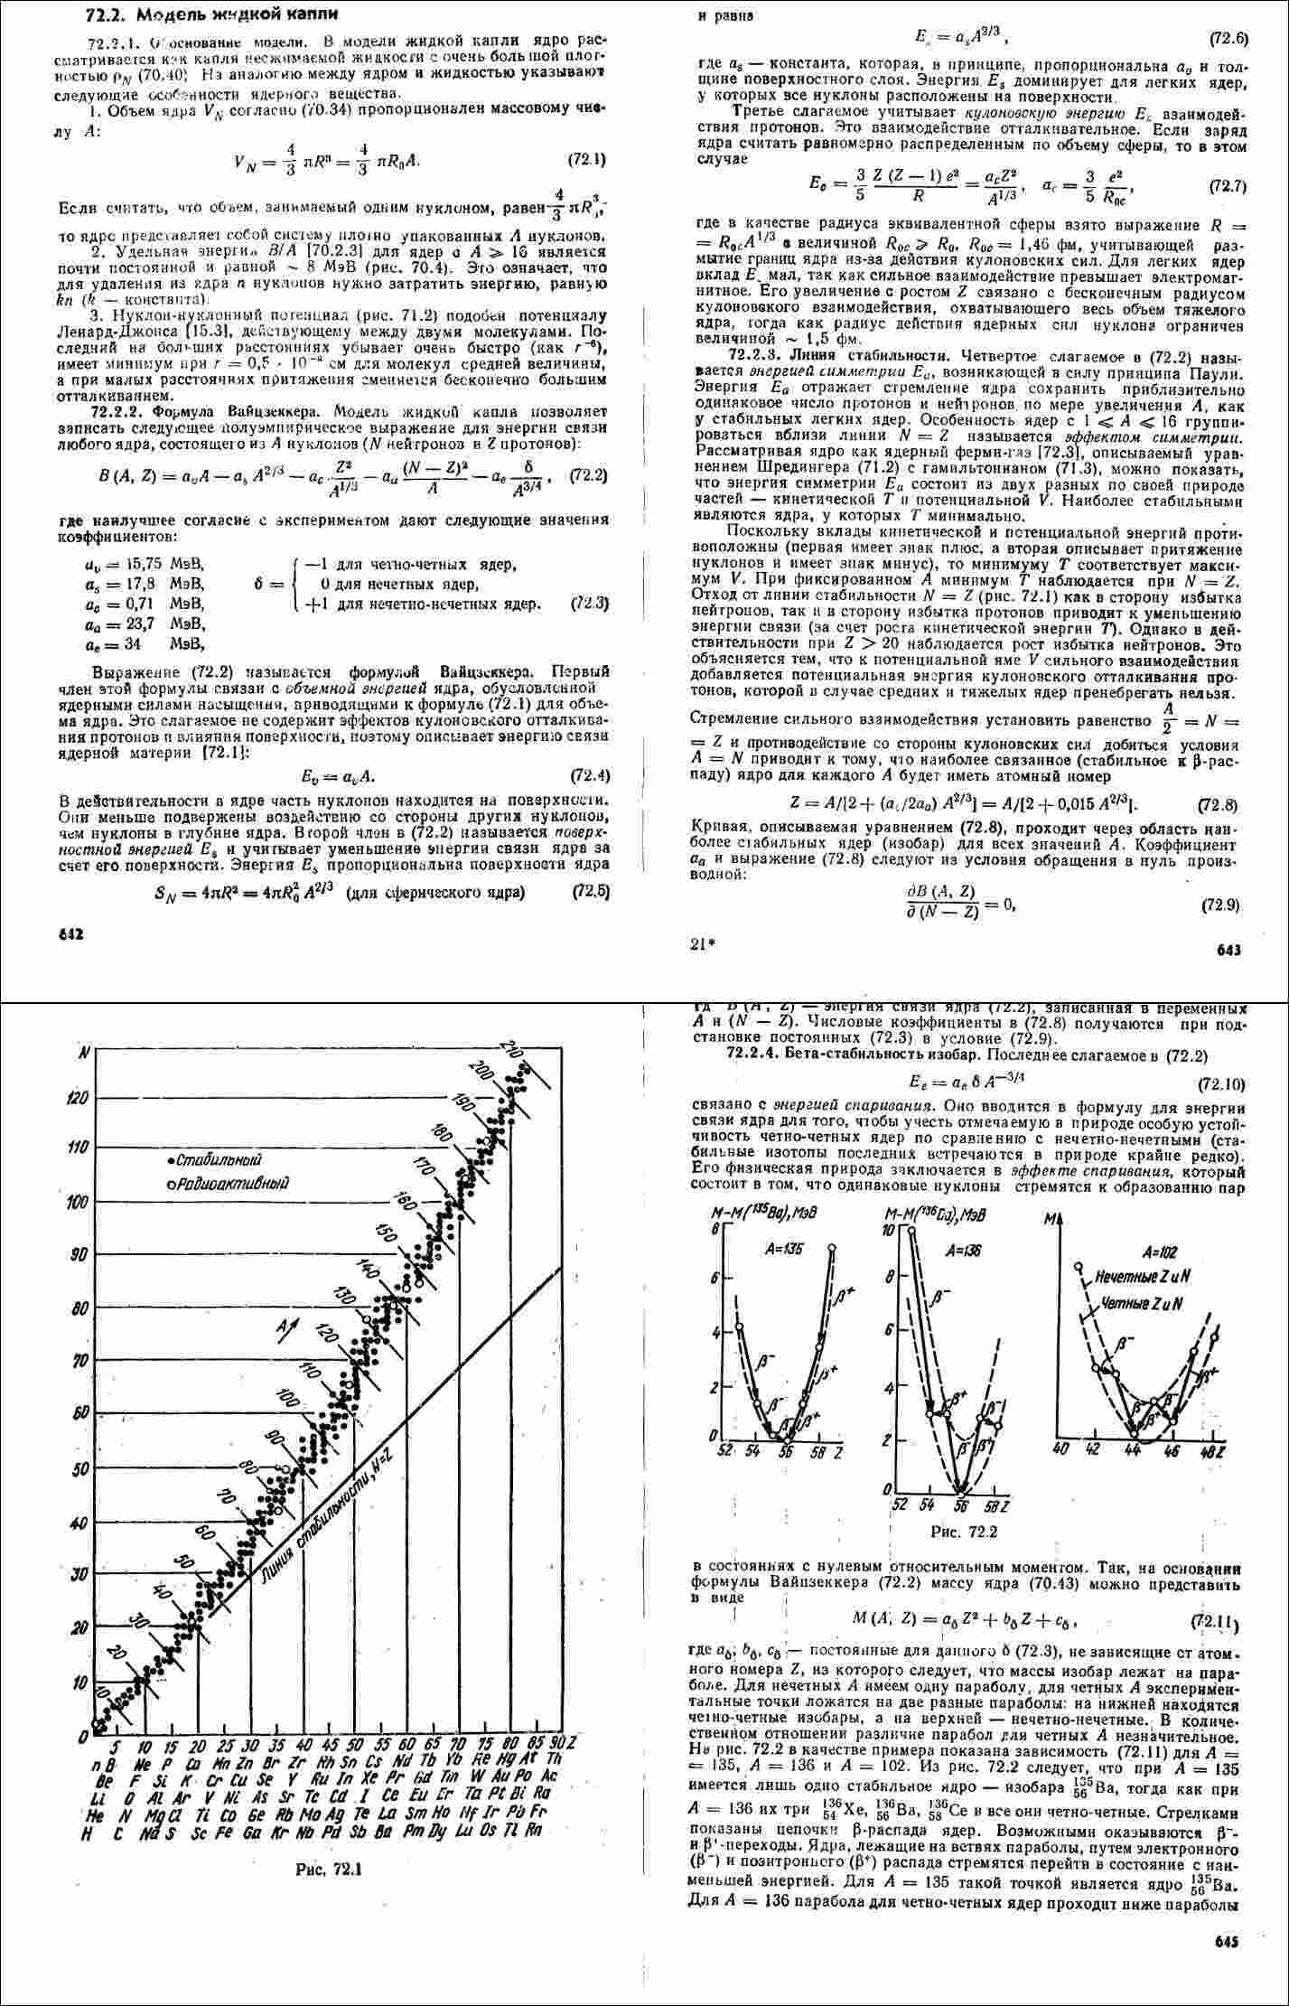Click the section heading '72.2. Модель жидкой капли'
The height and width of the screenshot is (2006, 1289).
(x=201, y=15)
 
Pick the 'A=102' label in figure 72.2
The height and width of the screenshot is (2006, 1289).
(x=1161, y=1252)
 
